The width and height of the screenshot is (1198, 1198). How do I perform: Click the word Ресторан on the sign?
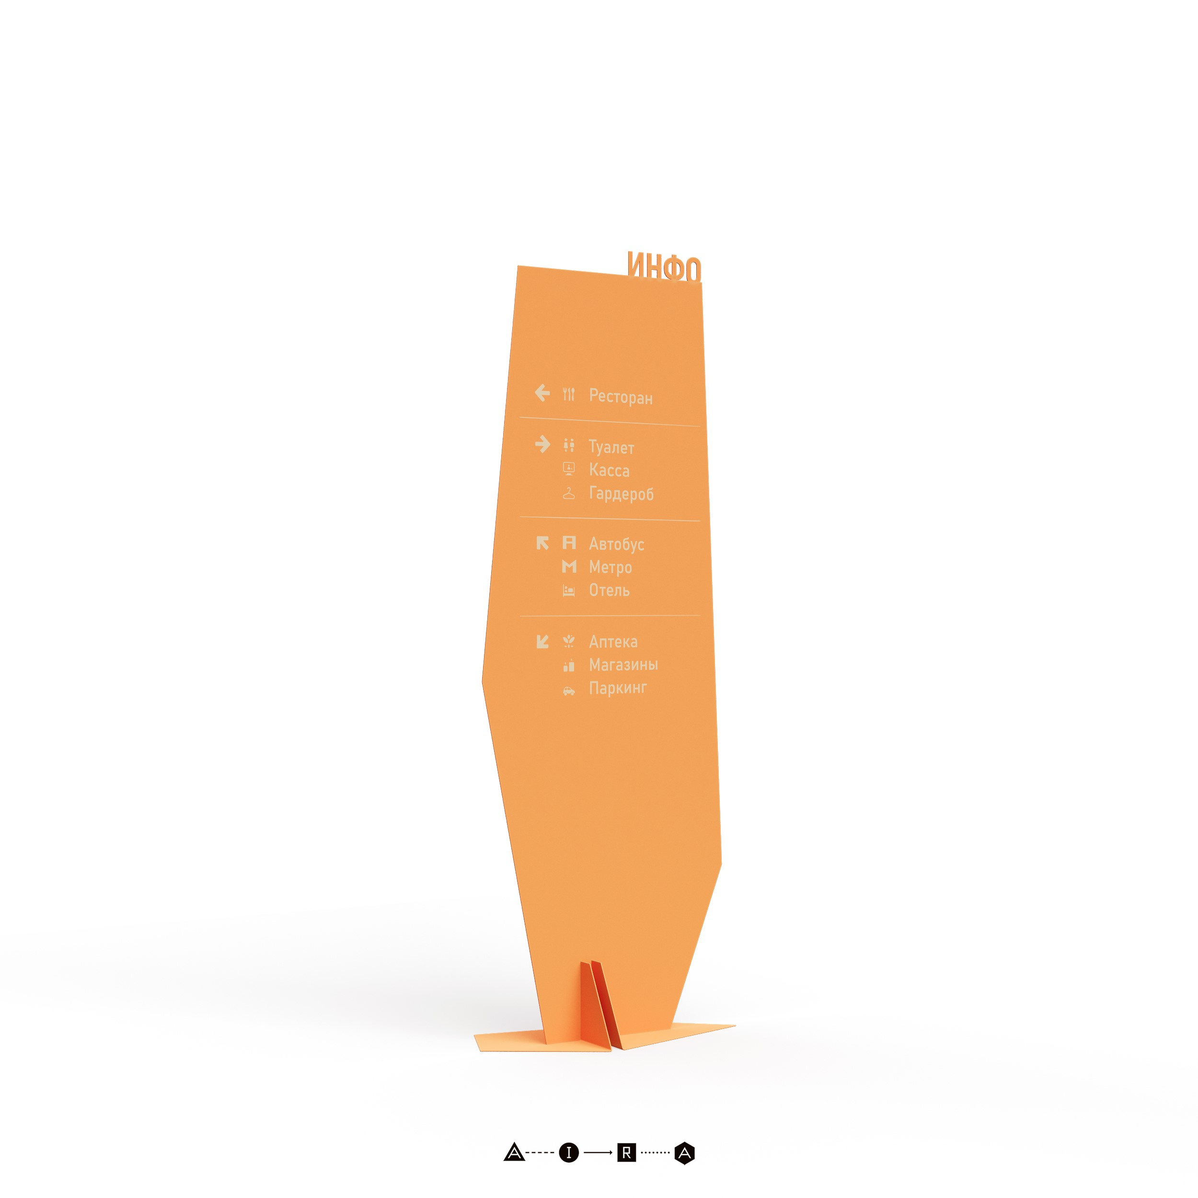(621, 396)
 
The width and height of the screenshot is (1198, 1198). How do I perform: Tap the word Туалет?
(611, 447)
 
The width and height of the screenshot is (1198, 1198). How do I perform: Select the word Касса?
(609, 470)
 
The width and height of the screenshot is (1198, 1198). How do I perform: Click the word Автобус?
(616, 544)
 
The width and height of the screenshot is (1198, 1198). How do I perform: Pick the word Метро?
(610, 567)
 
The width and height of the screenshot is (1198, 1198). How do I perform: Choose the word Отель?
(609, 590)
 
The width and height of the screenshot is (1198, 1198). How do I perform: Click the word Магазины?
(623, 665)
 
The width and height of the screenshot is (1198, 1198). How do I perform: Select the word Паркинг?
(618, 688)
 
